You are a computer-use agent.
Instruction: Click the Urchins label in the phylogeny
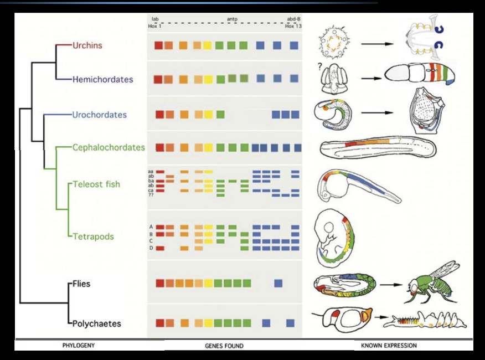(x=87, y=45)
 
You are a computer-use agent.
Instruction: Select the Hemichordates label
(x=104, y=79)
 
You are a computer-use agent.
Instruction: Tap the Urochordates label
(x=99, y=115)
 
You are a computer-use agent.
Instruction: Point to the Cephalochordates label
(x=109, y=147)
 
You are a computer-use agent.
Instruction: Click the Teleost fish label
(x=96, y=184)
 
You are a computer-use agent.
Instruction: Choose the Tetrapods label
(x=93, y=236)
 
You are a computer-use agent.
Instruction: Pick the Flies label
(x=81, y=284)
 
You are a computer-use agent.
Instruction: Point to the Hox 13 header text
(x=293, y=26)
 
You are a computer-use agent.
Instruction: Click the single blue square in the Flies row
(x=278, y=283)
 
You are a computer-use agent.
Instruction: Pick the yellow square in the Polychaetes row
(x=208, y=322)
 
